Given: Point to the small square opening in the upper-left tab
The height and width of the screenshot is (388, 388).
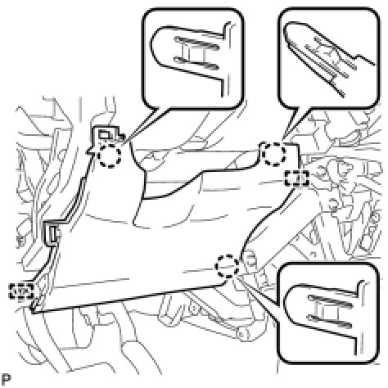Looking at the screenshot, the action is (x=104, y=135).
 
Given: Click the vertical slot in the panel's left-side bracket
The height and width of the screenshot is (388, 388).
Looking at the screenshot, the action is (x=53, y=234).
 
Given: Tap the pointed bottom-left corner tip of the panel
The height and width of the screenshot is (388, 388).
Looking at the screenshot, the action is (x=33, y=311).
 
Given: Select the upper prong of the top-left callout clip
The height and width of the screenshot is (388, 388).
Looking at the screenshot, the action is (x=197, y=43).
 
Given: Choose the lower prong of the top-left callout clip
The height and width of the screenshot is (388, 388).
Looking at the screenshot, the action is (x=197, y=62).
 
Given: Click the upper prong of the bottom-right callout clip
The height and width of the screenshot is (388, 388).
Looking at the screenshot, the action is (x=330, y=300).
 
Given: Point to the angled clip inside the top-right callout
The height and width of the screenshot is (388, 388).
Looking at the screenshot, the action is (x=331, y=59).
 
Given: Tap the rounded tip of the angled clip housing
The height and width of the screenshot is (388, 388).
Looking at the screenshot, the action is (x=287, y=29).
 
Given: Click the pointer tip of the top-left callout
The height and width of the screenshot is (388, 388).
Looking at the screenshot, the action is (x=120, y=145).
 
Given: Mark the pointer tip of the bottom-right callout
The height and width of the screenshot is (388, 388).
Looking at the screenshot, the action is (x=237, y=276).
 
